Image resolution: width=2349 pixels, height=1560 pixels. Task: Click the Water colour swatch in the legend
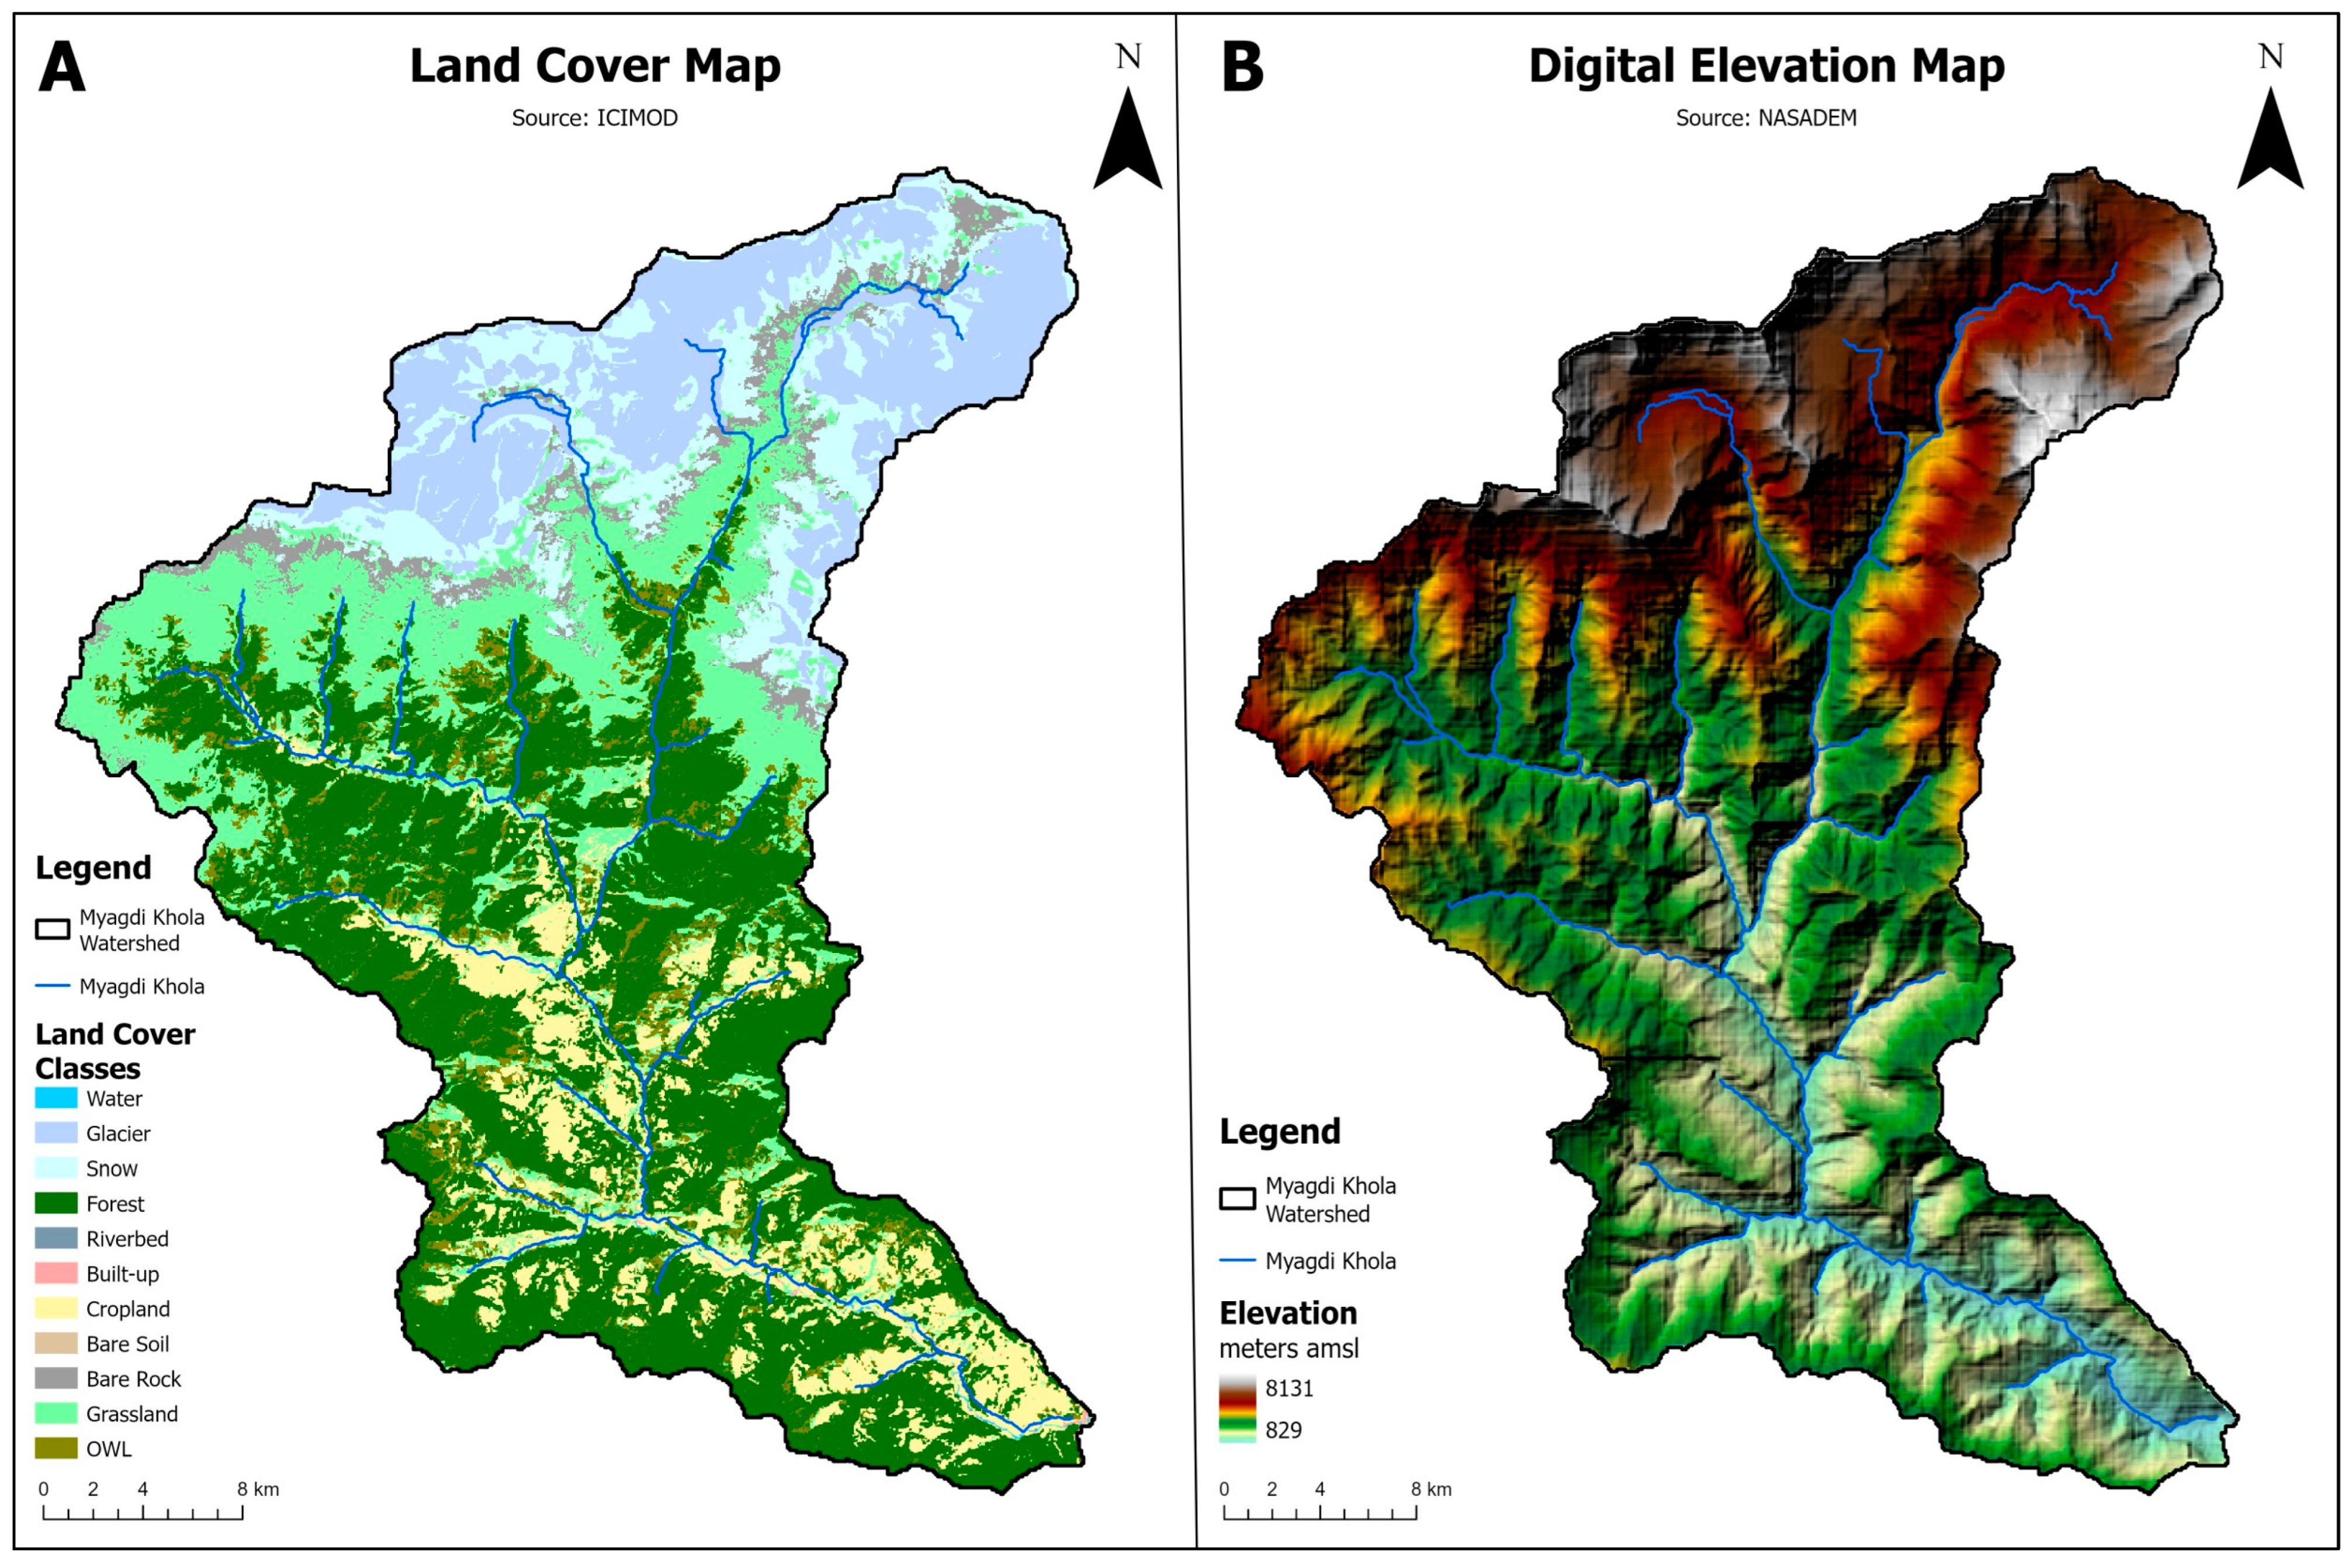click(x=56, y=1098)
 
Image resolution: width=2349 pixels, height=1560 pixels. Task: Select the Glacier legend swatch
click(x=56, y=1133)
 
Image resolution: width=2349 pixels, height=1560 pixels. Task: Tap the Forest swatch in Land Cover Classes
click(x=56, y=1204)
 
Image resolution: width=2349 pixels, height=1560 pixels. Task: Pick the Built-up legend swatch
click(x=56, y=1274)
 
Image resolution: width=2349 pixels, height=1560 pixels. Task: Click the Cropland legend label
click(x=127, y=1309)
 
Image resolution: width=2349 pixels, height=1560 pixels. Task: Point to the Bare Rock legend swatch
click(x=56, y=1379)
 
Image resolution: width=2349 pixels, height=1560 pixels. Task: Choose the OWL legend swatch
click(x=56, y=1448)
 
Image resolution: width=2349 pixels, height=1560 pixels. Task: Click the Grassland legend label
click(x=131, y=1414)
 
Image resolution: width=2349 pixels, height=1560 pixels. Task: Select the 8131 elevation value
click(x=1290, y=1388)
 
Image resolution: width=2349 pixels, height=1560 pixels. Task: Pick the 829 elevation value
click(x=1283, y=1430)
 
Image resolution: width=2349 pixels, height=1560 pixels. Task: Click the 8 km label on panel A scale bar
click(x=258, y=1489)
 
